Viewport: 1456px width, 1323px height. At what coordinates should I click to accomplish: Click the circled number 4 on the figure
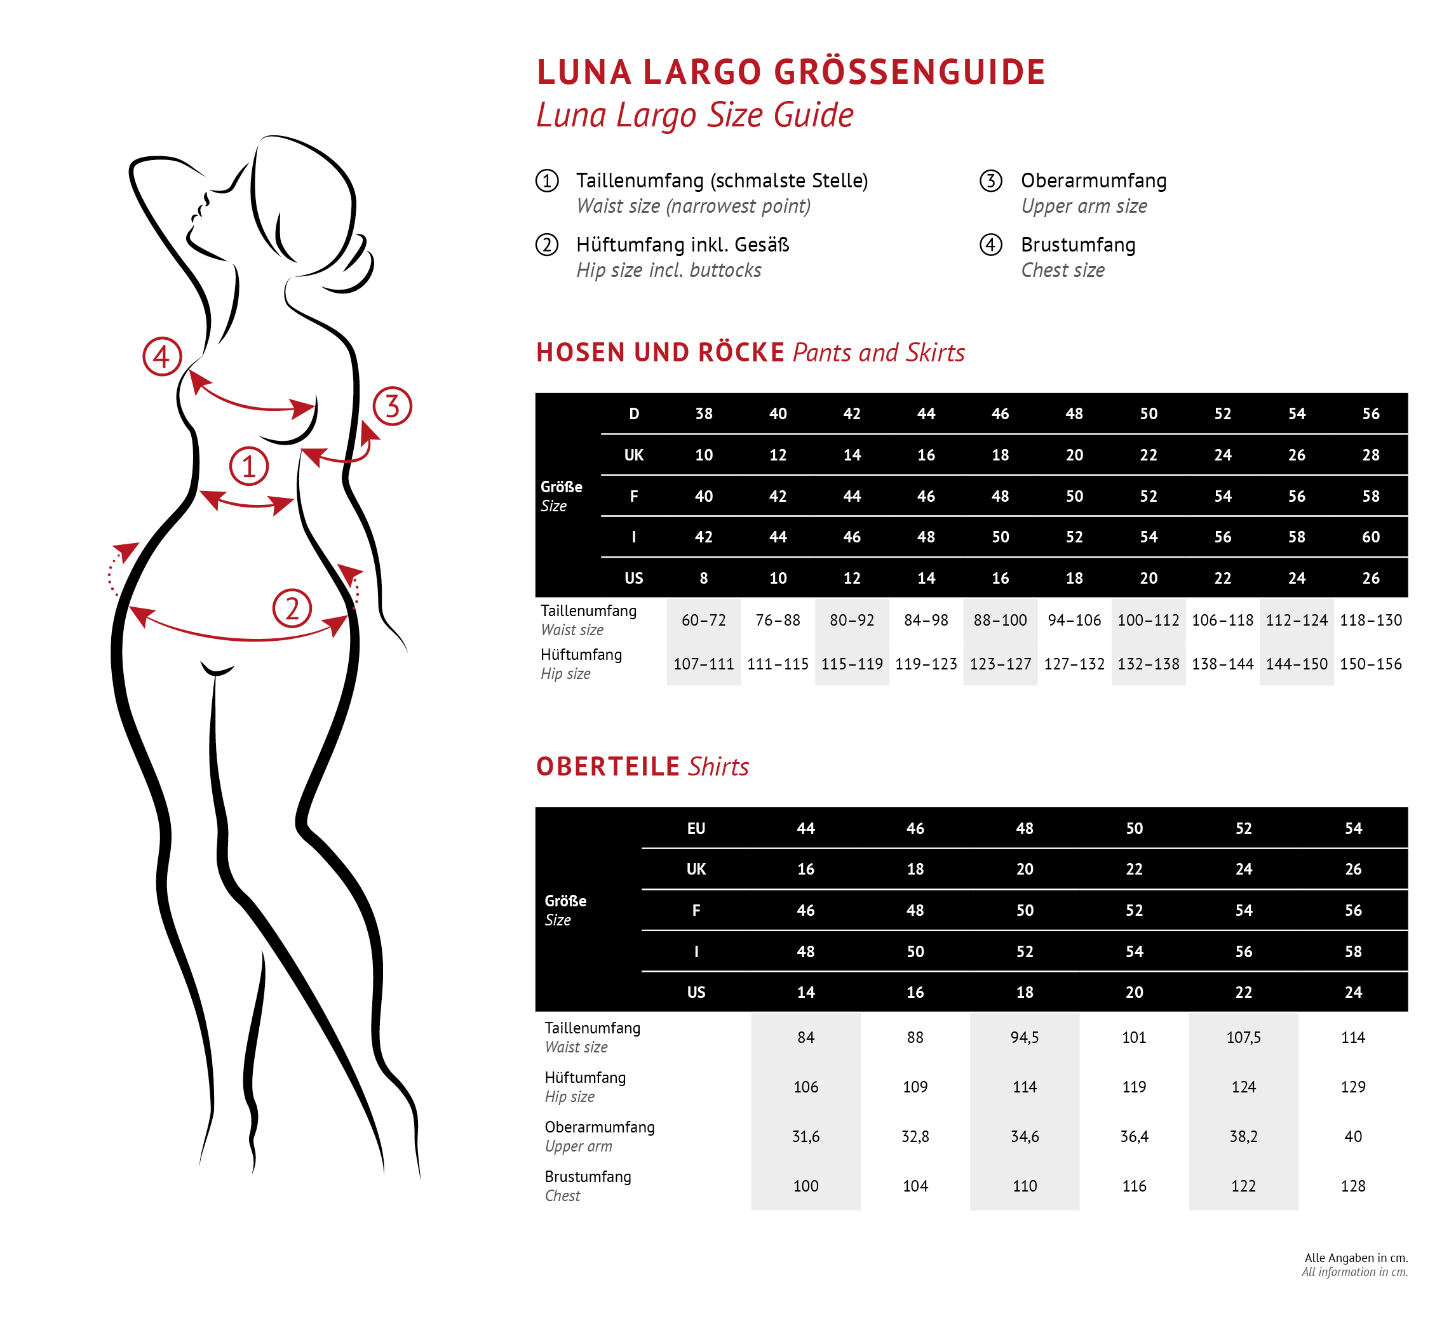click(161, 357)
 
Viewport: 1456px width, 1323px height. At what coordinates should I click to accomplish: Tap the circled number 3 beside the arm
click(392, 406)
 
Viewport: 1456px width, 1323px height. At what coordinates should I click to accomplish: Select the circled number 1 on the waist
click(249, 467)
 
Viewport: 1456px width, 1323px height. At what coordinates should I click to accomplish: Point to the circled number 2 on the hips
click(292, 608)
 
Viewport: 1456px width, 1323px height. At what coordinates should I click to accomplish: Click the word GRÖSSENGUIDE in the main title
click(909, 72)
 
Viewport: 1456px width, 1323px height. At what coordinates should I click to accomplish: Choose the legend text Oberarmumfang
click(1093, 180)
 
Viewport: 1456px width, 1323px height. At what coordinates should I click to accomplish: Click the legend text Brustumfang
click(1077, 245)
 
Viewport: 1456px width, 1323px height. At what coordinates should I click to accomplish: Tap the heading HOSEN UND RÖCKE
click(660, 353)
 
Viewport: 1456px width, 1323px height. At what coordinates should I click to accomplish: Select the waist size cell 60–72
click(703, 621)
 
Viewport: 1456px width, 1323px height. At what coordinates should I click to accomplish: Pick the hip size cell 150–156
click(1371, 664)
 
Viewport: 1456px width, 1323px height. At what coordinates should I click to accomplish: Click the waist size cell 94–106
click(1074, 621)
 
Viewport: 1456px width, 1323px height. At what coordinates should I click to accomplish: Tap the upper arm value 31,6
click(806, 1137)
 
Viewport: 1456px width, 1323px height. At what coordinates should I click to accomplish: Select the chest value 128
click(1352, 1186)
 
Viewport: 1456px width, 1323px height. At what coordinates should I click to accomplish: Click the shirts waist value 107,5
click(1243, 1038)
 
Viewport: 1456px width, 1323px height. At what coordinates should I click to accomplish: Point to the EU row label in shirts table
click(696, 829)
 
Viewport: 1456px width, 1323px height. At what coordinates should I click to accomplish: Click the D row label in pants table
click(633, 414)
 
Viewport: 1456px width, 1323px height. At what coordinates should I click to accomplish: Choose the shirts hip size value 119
click(1134, 1087)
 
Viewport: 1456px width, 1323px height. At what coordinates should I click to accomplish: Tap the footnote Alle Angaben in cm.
click(1356, 1258)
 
